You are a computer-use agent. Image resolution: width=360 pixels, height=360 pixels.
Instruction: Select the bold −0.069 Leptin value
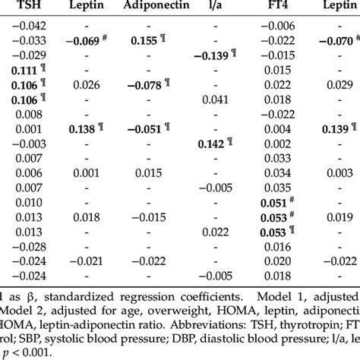(x=84, y=39)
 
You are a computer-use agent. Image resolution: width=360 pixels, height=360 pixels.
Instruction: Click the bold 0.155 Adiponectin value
(x=146, y=39)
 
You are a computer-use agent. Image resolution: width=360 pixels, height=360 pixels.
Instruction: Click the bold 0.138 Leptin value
(x=85, y=128)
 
